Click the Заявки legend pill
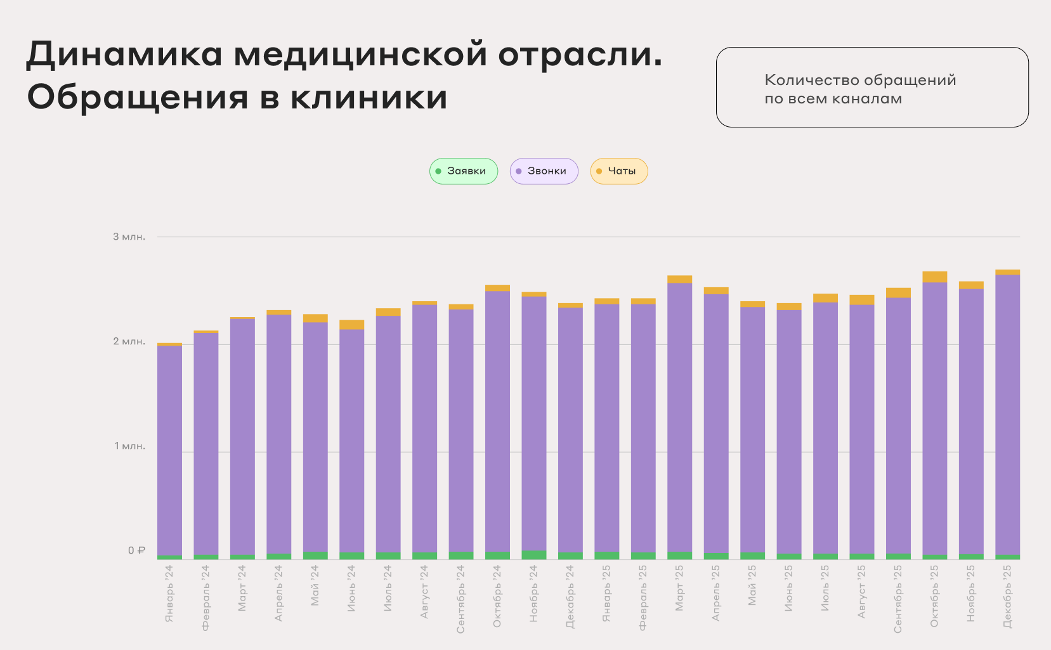click(464, 171)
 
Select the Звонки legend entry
click(544, 171)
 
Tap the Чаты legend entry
click(619, 171)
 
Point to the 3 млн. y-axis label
click(129, 237)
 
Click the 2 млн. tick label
click(129, 341)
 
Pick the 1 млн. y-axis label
click(130, 446)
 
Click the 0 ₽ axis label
click(136, 550)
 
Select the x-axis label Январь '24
click(169, 594)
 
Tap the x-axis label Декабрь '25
click(1008, 597)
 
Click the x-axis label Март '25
click(679, 589)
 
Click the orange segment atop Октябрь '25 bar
click(935, 276)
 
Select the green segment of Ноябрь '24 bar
click(534, 555)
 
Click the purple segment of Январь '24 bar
click(169, 450)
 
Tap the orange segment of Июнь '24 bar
click(352, 325)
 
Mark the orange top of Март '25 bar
click(679, 279)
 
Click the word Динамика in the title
click(124, 55)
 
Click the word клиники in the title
click(369, 98)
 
